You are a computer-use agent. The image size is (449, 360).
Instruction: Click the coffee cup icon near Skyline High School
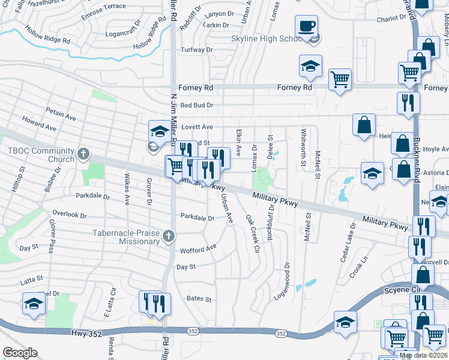coord(306,26)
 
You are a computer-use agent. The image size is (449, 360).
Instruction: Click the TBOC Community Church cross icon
coord(83,155)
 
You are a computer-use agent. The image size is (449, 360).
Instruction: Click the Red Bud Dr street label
coord(197,105)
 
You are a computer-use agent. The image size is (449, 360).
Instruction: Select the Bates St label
coord(199,299)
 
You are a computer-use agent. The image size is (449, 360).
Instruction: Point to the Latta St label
coord(31,279)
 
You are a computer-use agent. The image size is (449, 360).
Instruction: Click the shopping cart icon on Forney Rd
coord(340,80)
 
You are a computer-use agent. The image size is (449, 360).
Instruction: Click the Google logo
coord(20,353)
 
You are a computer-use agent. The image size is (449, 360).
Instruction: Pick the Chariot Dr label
coord(392,19)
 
